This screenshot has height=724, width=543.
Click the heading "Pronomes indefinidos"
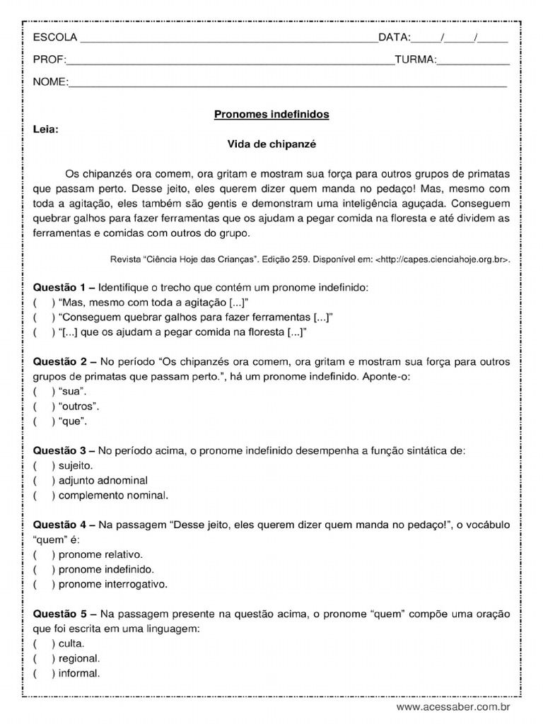[271, 114]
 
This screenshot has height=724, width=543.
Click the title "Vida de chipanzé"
[271, 144]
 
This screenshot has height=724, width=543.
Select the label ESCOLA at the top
[56, 37]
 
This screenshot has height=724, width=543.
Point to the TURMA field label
[414, 60]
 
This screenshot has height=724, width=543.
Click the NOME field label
[49, 83]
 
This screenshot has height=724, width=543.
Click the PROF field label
[49, 60]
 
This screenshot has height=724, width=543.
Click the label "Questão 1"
[59, 288]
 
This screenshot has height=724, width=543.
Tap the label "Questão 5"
[59, 613]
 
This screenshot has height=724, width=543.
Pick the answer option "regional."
[79, 658]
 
